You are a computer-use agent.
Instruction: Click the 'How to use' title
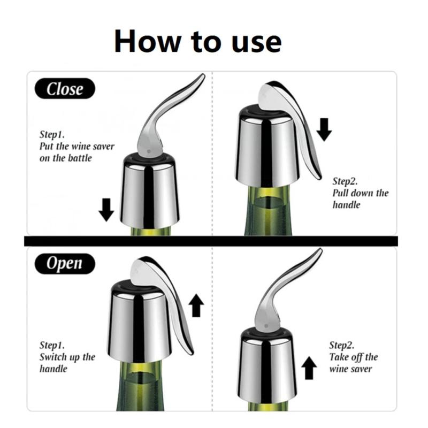pyautogui.click(x=197, y=41)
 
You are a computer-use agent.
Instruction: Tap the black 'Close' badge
pyautogui.click(x=65, y=89)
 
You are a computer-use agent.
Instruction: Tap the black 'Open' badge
pyautogui.click(x=65, y=263)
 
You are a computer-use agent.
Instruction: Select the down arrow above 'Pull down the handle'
pyautogui.click(x=324, y=128)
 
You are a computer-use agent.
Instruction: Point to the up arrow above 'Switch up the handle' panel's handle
pyautogui.click(x=197, y=305)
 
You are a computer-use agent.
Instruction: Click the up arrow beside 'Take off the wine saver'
pyautogui.click(x=309, y=369)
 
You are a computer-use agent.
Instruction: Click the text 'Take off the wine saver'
pyautogui.click(x=353, y=363)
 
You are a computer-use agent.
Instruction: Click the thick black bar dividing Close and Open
pyautogui.click(x=214, y=241)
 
